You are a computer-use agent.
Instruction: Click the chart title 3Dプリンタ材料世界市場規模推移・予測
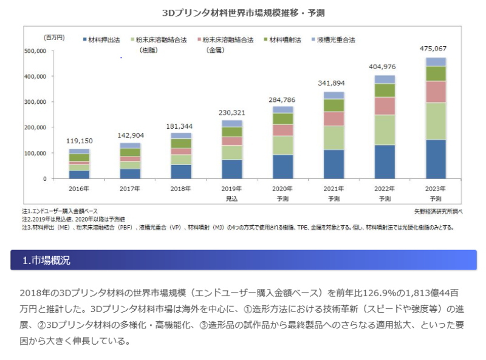[243, 12]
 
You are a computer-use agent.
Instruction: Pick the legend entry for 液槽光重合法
[334, 39]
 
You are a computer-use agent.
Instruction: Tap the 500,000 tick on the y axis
[36, 52]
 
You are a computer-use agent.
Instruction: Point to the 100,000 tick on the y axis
[36, 154]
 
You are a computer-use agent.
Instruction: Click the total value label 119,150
[79, 140]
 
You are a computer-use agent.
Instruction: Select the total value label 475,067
[436, 48]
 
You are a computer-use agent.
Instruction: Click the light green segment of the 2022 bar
[385, 129]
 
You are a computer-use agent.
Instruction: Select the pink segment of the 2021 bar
[333, 118]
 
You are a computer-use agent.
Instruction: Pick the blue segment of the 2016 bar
[79, 175]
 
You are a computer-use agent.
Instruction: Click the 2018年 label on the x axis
[181, 188]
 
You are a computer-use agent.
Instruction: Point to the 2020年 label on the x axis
[282, 188]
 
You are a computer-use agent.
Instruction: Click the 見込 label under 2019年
[231, 199]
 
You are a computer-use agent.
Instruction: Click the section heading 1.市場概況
[46, 260]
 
